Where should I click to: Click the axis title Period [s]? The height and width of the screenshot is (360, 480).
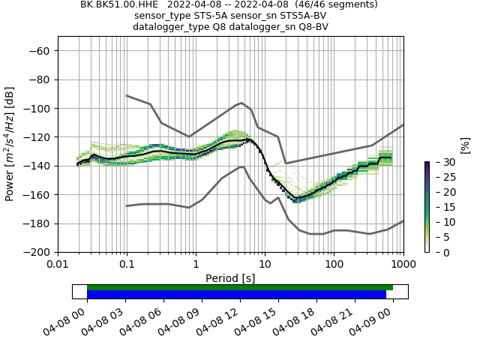230,277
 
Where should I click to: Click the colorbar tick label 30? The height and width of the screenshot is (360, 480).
439,162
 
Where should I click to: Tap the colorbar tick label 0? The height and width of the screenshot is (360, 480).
436,252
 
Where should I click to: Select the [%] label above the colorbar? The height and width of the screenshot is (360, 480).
465,145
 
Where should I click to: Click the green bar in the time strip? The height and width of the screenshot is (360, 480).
240,287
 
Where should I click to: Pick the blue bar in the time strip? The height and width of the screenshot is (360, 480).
236,295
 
